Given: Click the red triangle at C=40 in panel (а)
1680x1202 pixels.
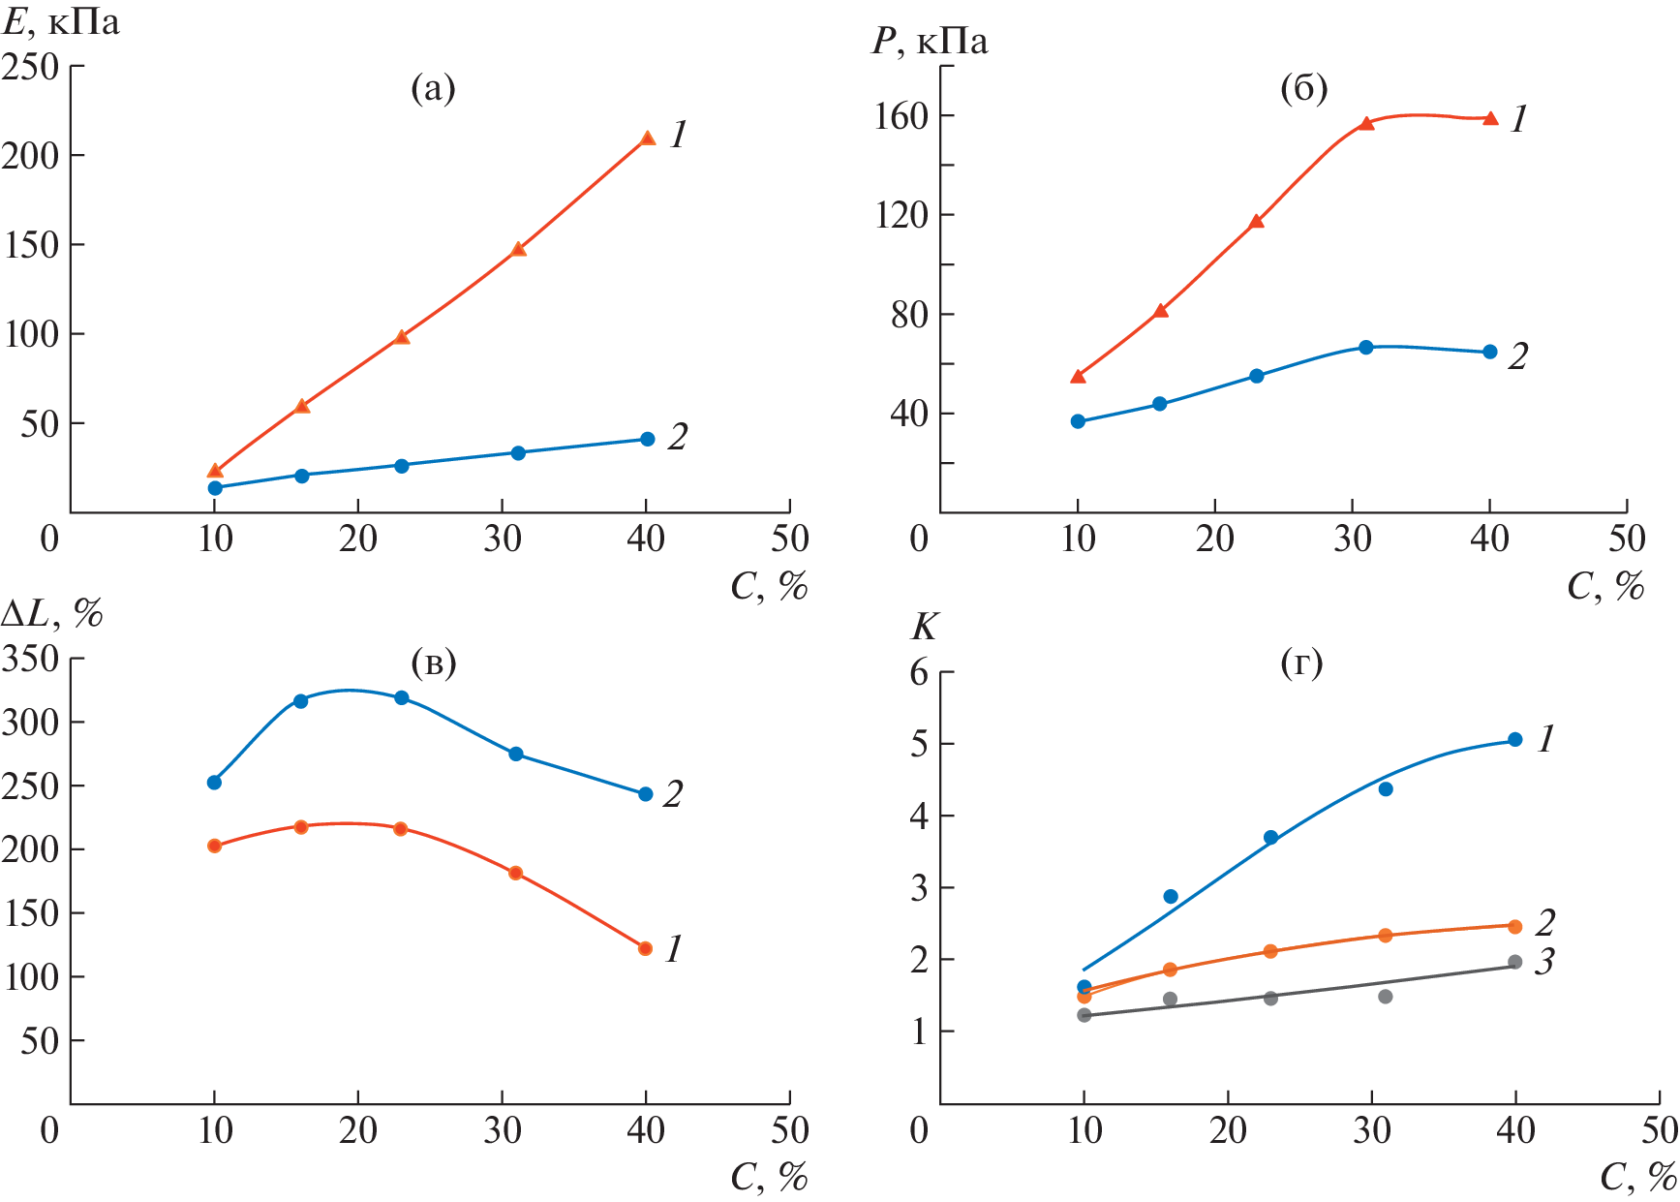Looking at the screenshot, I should click(648, 139).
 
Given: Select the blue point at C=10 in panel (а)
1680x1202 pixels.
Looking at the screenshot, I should click(215, 487).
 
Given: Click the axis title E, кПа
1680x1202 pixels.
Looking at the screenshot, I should click(61, 22).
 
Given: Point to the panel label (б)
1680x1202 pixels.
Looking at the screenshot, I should click(1303, 88).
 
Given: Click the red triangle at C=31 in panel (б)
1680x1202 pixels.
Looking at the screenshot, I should click(1366, 124).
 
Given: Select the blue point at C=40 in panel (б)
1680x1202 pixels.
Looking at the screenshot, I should click(1490, 352).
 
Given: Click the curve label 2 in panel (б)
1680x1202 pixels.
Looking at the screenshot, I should click(1518, 356).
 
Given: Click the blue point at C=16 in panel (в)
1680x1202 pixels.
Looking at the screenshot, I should click(300, 700).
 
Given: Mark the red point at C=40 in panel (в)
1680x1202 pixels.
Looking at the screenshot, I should click(646, 948).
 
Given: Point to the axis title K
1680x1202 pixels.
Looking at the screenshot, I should click(925, 628).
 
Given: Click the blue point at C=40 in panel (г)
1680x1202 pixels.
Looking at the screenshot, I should click(1515, 740).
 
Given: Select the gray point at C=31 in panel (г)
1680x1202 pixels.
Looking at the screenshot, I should click(1386, 997).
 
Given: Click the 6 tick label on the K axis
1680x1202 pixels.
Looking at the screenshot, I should click(919, 672).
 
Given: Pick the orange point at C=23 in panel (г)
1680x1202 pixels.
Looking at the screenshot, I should click(1270, 951).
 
